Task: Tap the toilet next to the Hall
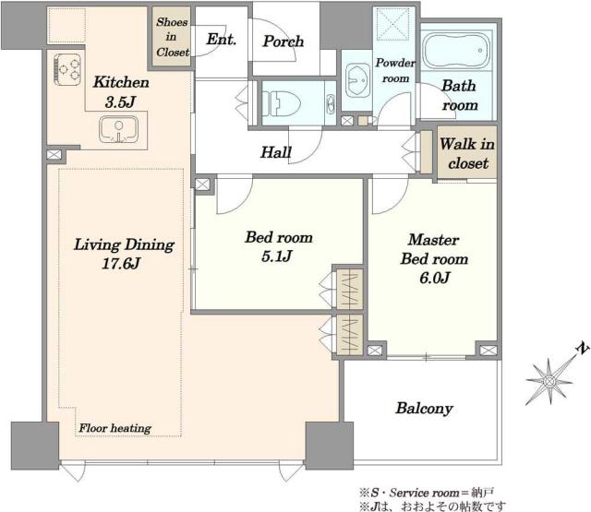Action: coord(282,102)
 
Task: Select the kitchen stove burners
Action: coord(67,69)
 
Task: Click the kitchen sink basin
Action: coord(118,129)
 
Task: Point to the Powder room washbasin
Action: coord(357,80)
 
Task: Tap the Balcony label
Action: coord(424,408)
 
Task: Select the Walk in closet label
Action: coord(467,153)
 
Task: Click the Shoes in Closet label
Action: coord(172,37)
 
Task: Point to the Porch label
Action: coord(283,41)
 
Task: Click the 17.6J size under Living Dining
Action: coord(121,263)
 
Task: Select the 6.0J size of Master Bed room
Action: coord(434,278)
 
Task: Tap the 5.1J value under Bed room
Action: coord(277,256)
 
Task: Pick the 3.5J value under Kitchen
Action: coord(120,102)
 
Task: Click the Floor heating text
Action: coord(115,428)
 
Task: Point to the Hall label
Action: coord(276,152)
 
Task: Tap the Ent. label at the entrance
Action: coord(222,39)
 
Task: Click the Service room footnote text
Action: coord(427,493)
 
